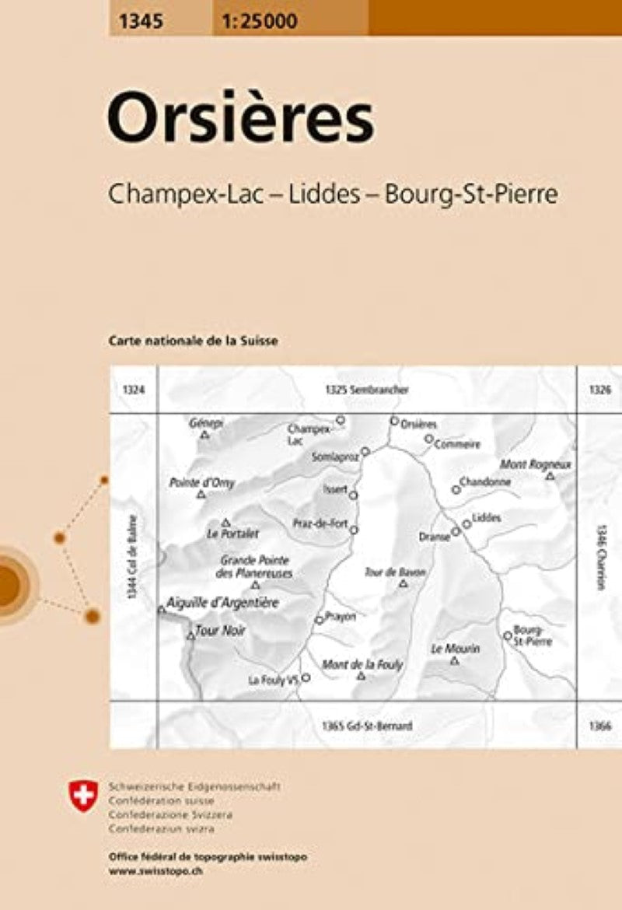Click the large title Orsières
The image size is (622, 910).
pyautogui.click(x=240, y=120)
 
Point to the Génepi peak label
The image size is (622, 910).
pyautogui.click(x=206, y=423)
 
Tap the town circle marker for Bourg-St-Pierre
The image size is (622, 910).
pyautogui.click(x=508, y=635)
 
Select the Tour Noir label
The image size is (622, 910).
pyautogui.click(x=220, y=631)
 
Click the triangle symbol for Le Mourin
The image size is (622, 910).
pyautogui.click(x=455, y=661)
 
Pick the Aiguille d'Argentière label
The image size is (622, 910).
pyautogui.click(x=221, y=603)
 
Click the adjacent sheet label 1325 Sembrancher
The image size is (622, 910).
pyautogui.click(x=368, y=389)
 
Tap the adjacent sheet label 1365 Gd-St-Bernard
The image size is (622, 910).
pyautogui.click(x=365, y=726)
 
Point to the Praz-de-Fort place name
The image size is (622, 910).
pyautogui.click(x=320, y=523)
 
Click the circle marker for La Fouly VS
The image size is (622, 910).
pyautogui.click(x=306, y=677)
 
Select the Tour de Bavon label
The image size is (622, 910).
pyautogui.click(x=394, y=572)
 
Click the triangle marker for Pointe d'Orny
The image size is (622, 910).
pyautogui.click(x=201, y=494)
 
